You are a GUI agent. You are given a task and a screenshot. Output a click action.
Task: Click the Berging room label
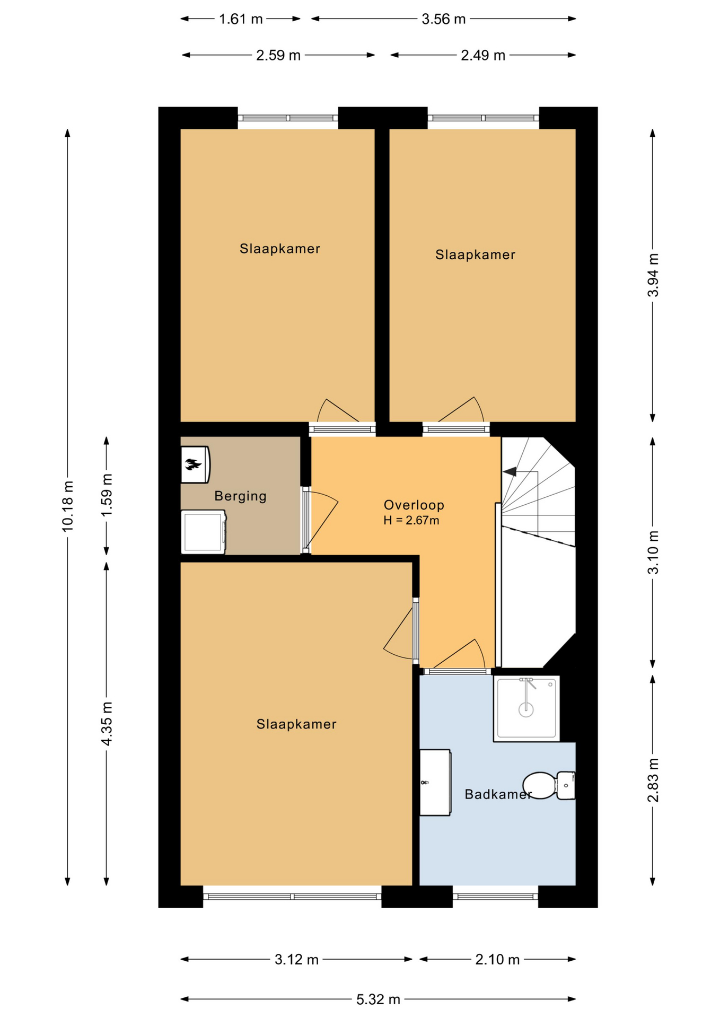[x=240, y=496]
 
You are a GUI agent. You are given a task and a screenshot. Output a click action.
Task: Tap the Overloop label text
[x=414, y=505]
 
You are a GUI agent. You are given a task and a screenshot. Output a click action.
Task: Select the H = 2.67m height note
[x=411, y=521]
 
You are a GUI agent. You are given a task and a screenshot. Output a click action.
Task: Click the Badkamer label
[x=498, y=794]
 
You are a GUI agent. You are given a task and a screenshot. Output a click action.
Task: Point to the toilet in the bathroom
[x=549, y=785]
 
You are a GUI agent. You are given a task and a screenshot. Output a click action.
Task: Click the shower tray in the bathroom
[x=526, y=708]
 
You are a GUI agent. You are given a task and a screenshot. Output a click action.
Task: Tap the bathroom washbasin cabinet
[x=435, y=782]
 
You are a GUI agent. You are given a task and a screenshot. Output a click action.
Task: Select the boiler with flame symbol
[x=195, y=464]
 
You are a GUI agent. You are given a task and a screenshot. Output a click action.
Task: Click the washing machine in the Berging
[x=204, y=532]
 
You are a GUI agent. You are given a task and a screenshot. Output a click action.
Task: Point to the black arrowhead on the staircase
[x=510, y=471]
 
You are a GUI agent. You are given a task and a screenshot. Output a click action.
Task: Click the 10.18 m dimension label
[x=67, y=506]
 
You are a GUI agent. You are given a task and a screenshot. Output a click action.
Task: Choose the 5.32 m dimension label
[x=378, y=999]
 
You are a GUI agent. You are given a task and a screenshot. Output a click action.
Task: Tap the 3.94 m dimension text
[x=653, y=275]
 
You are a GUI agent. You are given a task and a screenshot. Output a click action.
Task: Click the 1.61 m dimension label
[x=241, y=19]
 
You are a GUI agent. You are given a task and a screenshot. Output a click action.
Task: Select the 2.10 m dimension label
[x=497, y=959]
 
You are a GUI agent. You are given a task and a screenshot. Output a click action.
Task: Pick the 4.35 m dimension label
[x=107, y=723]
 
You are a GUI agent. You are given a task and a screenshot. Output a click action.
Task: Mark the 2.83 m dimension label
[x=653, y=780]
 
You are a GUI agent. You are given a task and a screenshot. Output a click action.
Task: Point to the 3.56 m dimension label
[x=444, y=19]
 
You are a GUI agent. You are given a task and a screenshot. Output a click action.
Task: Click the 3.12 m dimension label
[x=296, y=959]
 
